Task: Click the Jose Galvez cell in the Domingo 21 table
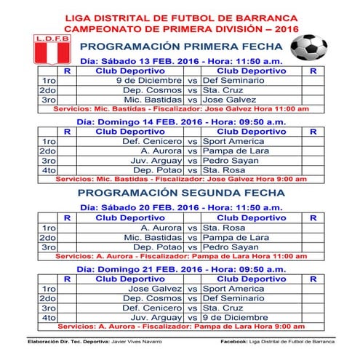click(x=156, y=289)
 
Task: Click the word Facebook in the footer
click(x=233, y=340)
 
